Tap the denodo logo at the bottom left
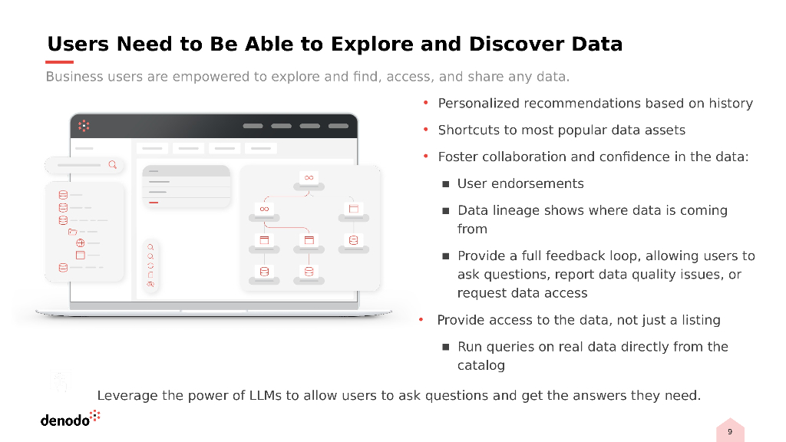pos(70,419)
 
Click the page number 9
pos(729,433)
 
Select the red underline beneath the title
pos(60,62)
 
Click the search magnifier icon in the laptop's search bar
pos(113,164)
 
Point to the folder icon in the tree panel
pos(72,231)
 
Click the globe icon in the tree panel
pos(80,242)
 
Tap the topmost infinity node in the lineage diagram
pos(309,177)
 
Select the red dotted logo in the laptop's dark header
pos(84,125)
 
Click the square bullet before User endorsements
pos(445,184)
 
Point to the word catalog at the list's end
pos(481,365)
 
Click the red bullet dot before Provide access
pos(421,320)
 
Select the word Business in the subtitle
pos(74,77)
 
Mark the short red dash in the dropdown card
pos(154,203)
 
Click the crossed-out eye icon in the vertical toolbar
pos(150,284)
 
